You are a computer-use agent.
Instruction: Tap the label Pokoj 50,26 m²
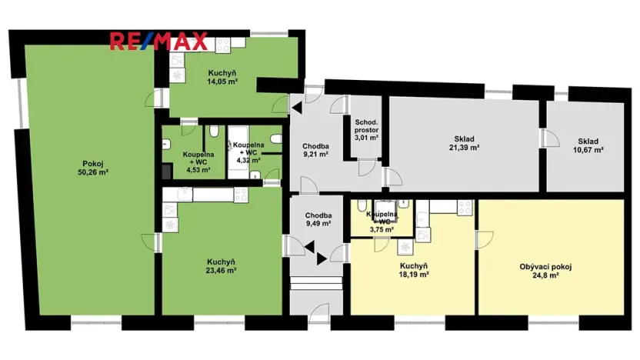[94, 168]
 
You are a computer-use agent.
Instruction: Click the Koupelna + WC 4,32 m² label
[250, 152]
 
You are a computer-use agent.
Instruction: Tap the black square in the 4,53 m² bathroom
[165, 172]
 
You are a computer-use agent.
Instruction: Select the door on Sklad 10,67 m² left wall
[550, 138]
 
